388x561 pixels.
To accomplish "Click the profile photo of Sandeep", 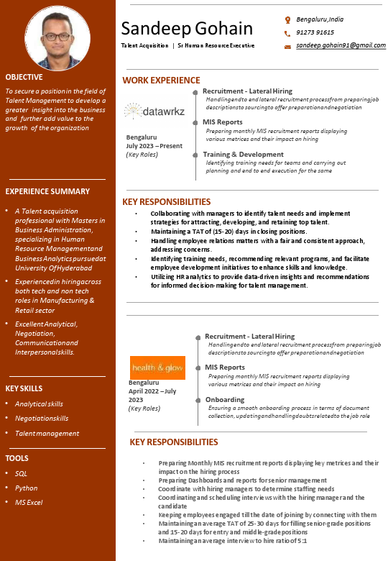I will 57,37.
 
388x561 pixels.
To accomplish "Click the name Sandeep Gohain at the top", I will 187,29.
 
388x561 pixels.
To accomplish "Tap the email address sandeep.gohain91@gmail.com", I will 341,45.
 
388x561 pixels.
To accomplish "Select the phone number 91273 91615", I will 315,32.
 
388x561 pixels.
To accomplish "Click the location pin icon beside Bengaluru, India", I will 287,19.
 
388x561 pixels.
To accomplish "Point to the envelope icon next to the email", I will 287,46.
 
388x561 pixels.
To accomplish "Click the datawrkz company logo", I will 154,112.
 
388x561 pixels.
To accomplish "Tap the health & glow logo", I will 157,367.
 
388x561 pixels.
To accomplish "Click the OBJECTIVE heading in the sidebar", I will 24,77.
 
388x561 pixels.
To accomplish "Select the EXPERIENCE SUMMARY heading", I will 47,191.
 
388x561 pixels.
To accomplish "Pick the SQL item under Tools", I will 21,473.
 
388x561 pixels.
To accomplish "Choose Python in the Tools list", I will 26,488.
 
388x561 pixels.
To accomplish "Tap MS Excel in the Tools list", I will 29,502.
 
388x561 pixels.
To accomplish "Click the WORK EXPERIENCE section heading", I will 161,80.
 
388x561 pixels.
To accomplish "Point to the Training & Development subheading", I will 243,155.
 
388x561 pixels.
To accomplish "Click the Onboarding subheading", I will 224,400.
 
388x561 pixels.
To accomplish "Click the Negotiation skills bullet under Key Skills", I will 42,419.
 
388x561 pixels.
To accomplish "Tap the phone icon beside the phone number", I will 287,33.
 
